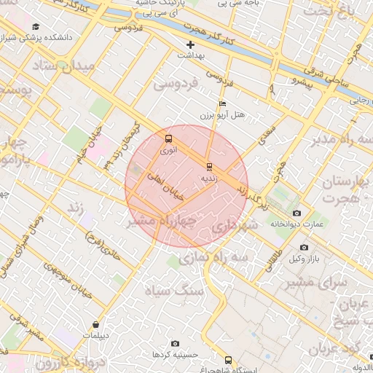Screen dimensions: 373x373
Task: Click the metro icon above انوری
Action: (169, 138)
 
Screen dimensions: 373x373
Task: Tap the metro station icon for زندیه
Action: (210, 166)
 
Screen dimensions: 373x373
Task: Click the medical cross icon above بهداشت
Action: (191, 44)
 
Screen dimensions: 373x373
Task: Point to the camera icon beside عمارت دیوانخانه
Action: (296, 213)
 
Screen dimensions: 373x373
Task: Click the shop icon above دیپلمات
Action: (95, 325)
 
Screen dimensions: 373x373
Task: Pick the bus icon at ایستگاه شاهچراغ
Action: (229, 360)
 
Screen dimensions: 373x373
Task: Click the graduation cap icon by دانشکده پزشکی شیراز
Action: (36, 27)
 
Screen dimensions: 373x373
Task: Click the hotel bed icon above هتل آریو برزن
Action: (222, 103)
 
